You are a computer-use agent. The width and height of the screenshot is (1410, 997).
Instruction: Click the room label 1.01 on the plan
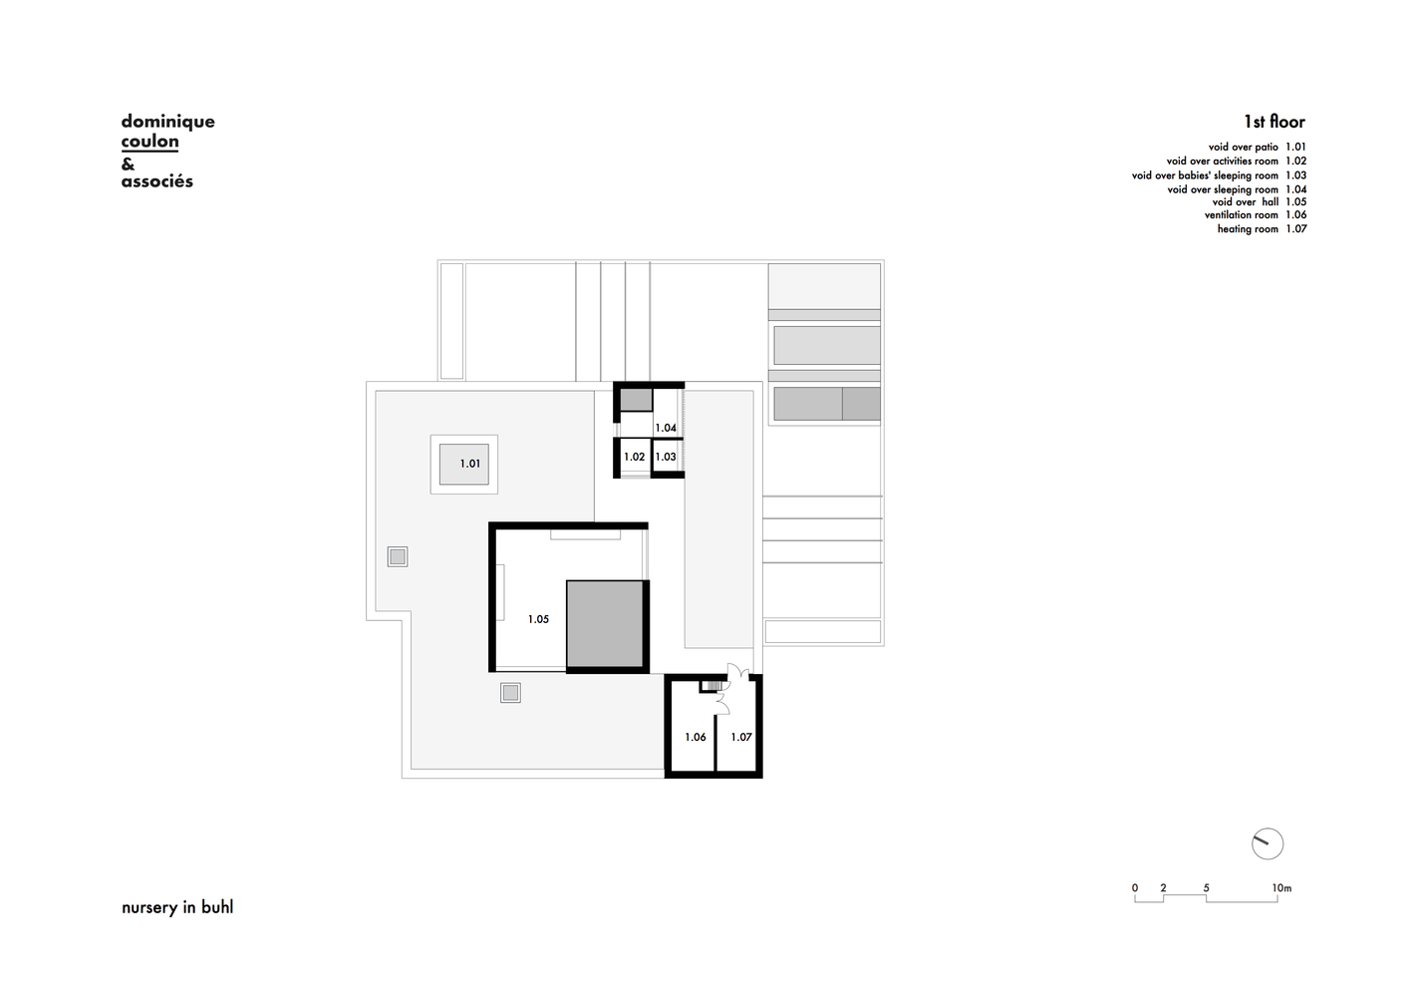pos(469,464)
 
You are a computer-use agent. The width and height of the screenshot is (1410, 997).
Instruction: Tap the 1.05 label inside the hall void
pos(538,619)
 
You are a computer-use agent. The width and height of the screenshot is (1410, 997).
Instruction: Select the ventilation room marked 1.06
pos(696,737)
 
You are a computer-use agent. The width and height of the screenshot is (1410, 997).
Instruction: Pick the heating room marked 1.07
pos(741,737)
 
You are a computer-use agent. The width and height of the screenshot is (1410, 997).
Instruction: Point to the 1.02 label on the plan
pos(635,457)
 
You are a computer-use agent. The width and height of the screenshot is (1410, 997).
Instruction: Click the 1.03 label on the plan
pos(666,457)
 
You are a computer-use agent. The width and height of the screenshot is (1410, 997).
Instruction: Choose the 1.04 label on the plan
pos(666,428)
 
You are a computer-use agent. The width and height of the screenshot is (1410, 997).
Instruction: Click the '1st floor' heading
pos(1274,121)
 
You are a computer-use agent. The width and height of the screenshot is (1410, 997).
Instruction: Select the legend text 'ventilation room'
pos(1242,214)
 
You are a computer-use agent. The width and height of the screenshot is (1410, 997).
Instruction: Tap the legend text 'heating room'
pos(1248,228)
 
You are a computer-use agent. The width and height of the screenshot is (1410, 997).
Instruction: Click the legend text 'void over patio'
pos(1244,147)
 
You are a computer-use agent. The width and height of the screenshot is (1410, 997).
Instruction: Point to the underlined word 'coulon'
pos(149,142)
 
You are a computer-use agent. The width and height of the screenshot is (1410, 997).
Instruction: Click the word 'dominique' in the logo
pos(168,122)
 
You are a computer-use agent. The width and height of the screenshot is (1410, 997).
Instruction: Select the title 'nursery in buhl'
pos(177,907)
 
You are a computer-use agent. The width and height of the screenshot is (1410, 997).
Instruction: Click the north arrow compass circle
pos(1268,843)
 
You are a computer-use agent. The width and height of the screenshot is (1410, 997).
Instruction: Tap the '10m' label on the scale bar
pos(1281,888)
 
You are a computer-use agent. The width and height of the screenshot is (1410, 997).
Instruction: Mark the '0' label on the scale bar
pos(1135,888)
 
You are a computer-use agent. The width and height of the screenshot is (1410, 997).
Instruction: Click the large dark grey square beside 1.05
pos(604,623)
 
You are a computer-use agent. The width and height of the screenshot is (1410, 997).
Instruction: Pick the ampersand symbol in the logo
pos(128,164)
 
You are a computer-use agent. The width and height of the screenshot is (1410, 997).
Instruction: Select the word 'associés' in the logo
pos(157,181)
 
